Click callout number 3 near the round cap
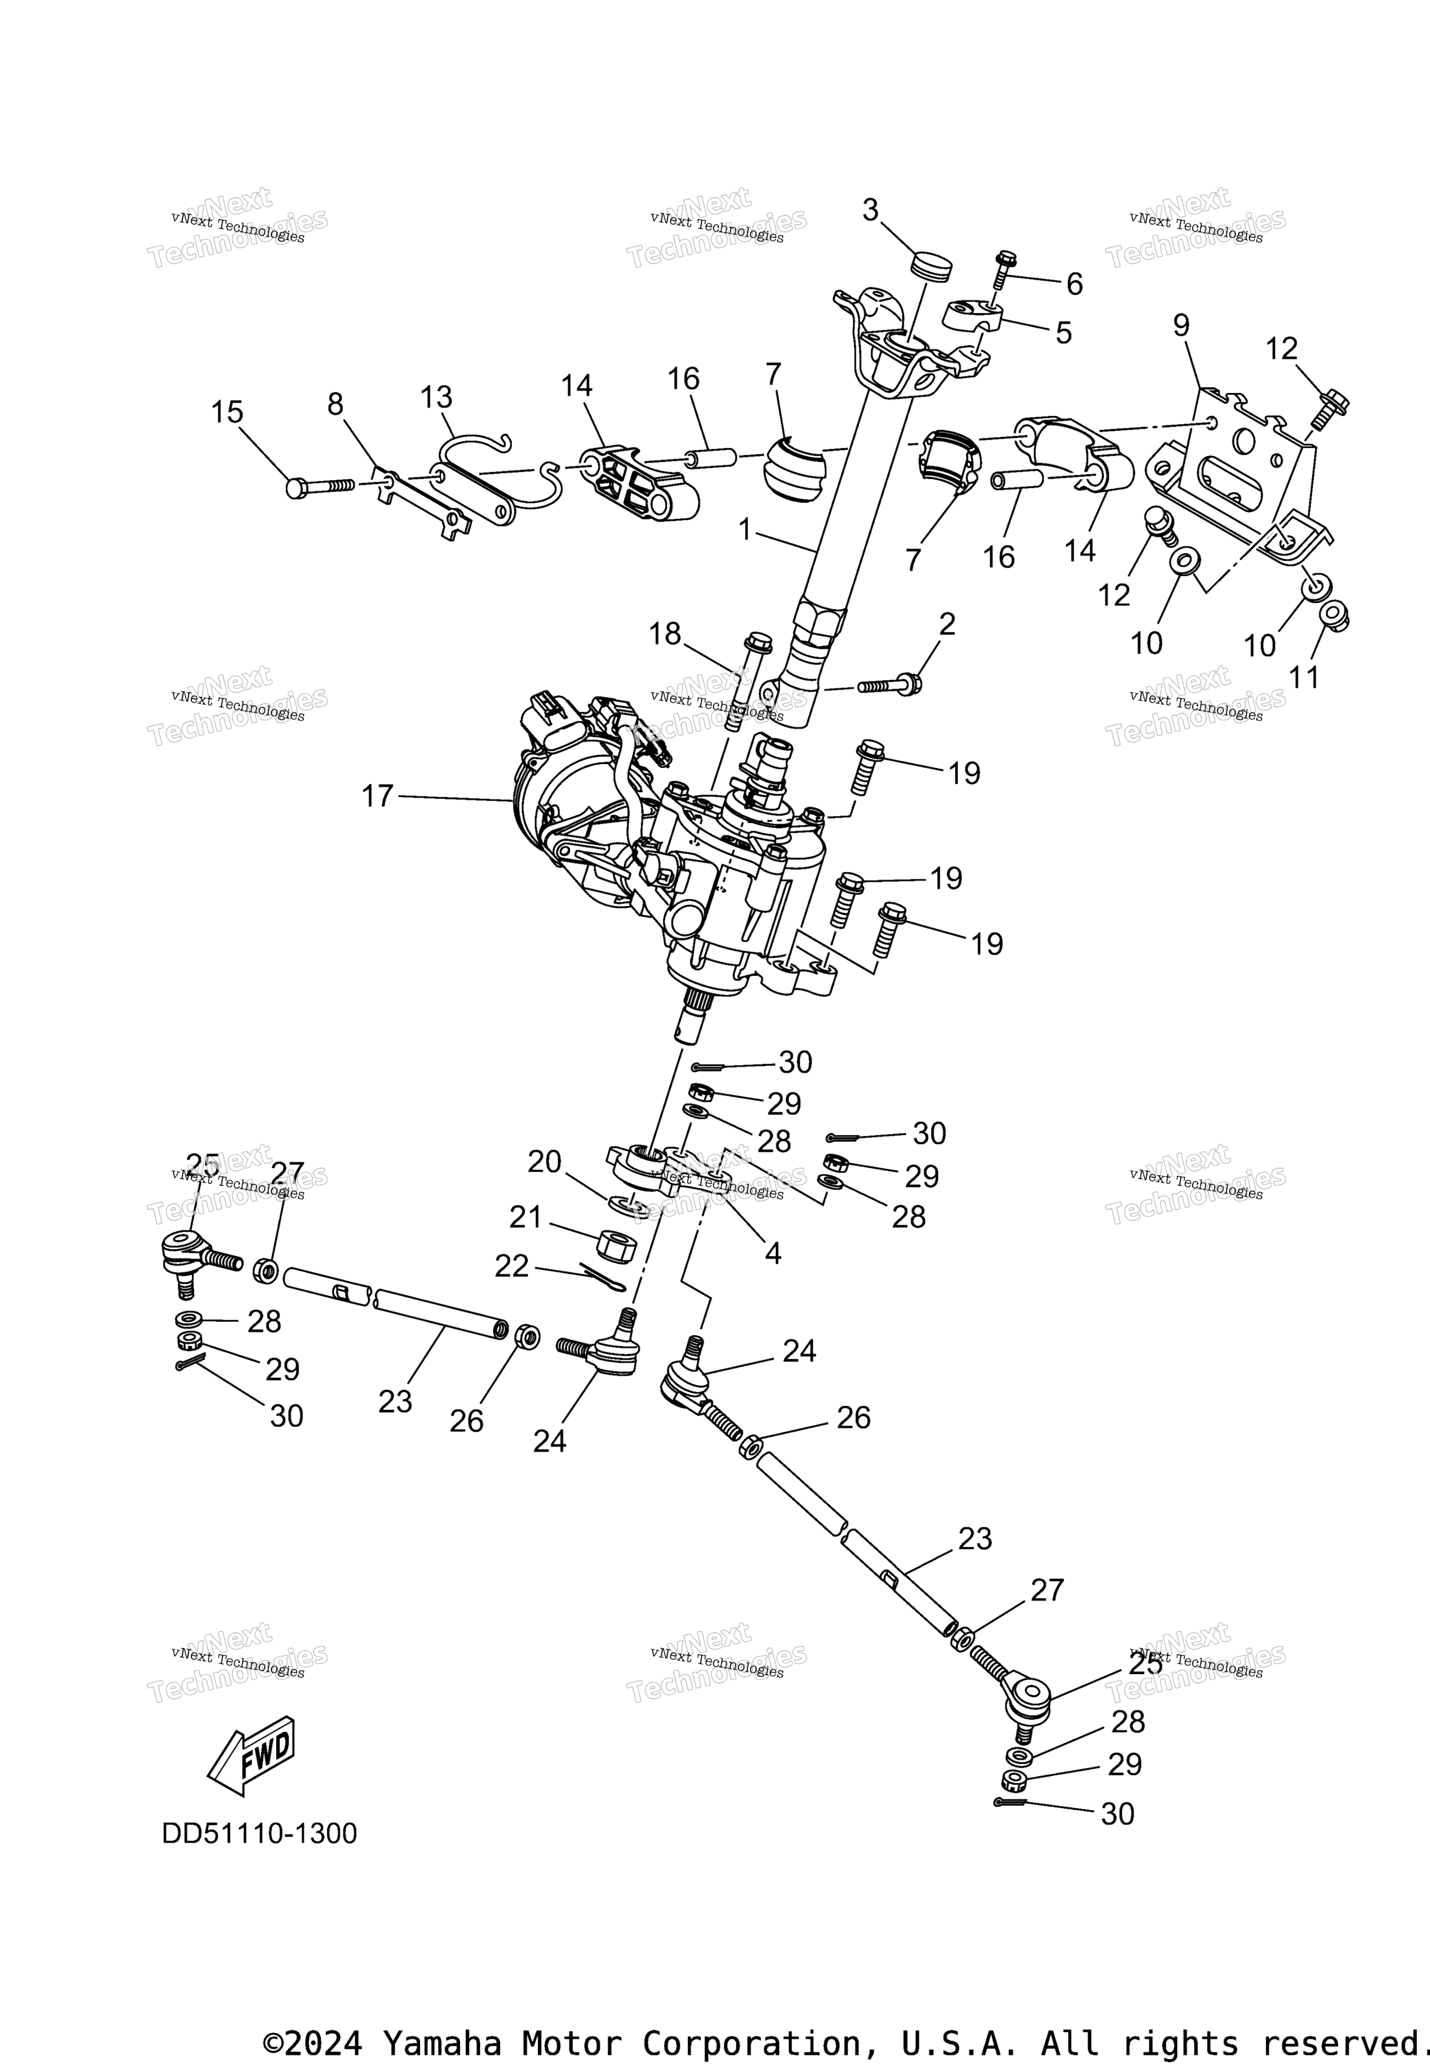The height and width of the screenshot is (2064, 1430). [x=870, y=209]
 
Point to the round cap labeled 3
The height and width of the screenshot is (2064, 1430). [x=932, y=266]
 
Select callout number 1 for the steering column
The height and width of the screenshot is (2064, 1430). [x=744, y=529]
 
